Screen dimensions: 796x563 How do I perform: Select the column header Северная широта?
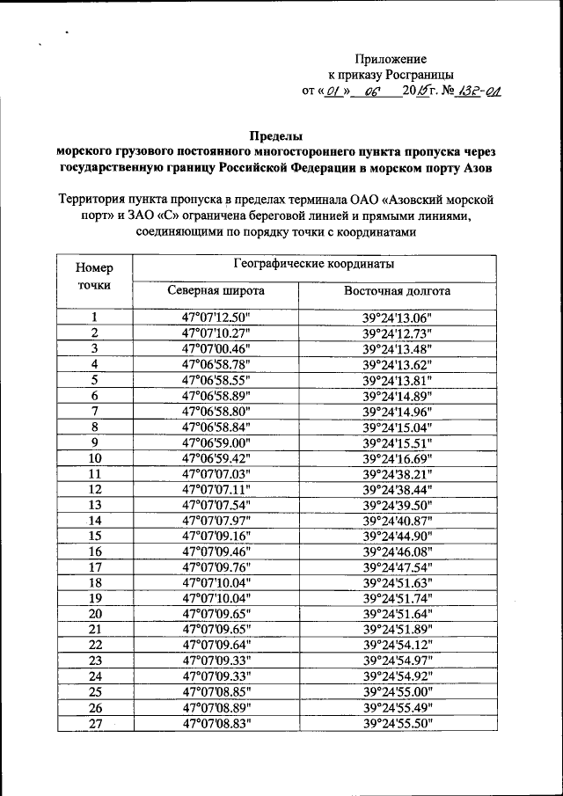(x=216, y=291)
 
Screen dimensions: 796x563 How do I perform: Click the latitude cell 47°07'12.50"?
(x=216, y=318)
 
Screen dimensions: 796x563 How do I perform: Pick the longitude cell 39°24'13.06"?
(x=398, y=318)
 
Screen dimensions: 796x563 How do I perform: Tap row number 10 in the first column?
(x=94, y=458)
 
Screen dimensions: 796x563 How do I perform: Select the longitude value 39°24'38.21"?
(x=398, y=474)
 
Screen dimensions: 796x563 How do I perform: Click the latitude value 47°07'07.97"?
(x=216, y=521)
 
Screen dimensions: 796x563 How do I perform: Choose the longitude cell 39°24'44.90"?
(x=398, y=536)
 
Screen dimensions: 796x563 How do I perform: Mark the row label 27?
(x=94, y=723)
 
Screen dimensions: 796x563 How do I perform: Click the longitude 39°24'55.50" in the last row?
(x=398, y=723)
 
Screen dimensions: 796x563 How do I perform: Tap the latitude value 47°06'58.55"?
(x=216, y=380)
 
